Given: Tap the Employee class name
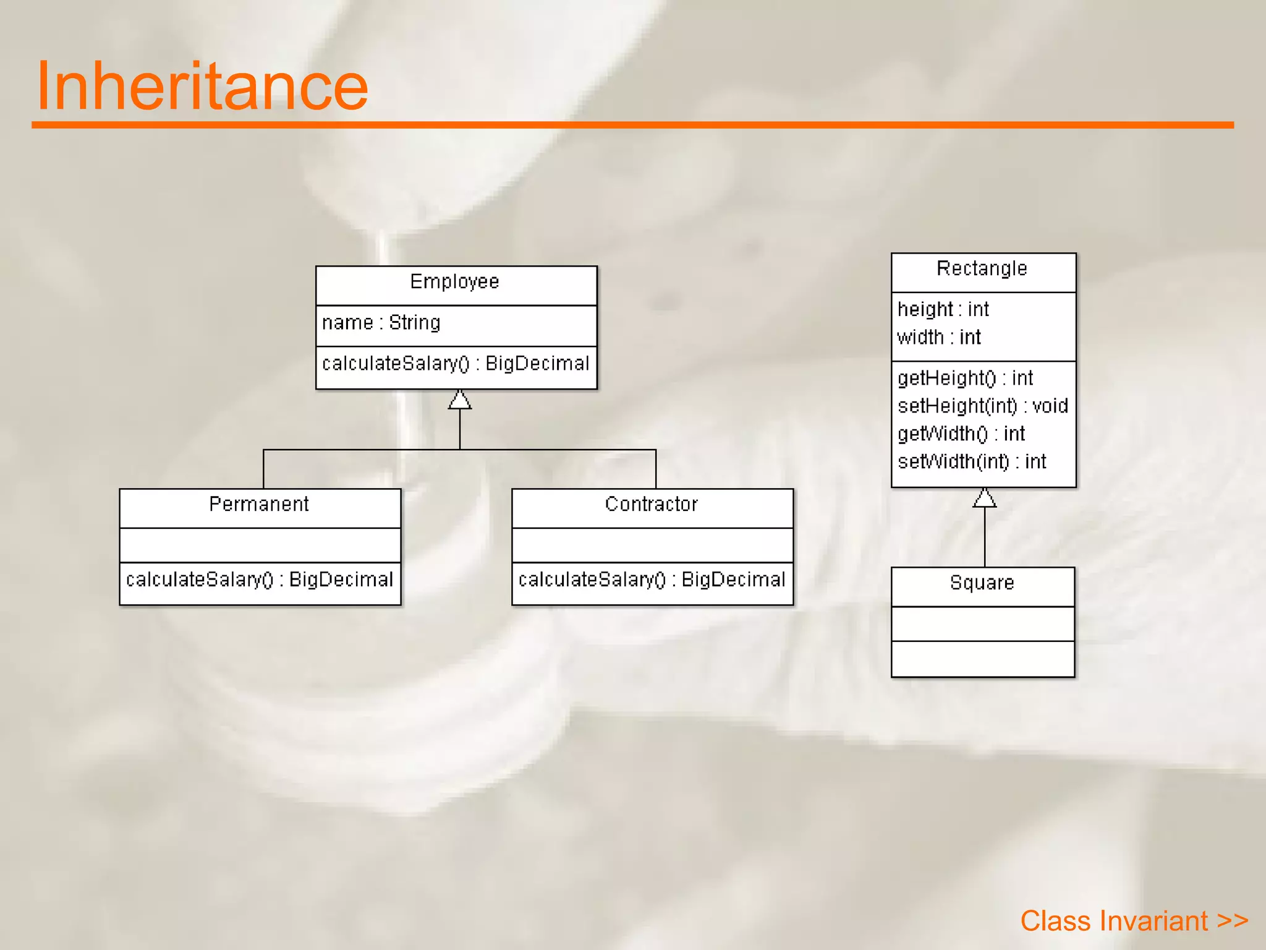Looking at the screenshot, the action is pyautogui.click(x=454, y=282).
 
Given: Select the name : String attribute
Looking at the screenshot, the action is pyautogui.click(x=381, y=323).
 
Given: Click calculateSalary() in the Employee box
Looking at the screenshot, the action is pyautogui.click(x=456, y=364).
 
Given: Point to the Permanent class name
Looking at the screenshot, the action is pyautogui.click(x=258, y=505).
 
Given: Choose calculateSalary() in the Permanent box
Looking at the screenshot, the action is pyautogui.click(x=259, y=580).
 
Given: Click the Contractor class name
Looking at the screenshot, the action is pyautogui.click(x=651, y=505).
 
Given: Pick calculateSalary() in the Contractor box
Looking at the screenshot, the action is pyautogui.click(x=652, y=580).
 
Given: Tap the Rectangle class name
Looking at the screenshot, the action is pyautogui.click(x=982, y=269).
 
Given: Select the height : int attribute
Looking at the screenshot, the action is pyautogui.click(x=943, y=309).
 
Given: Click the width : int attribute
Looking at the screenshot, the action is pyautogui.click(x=938, y=338).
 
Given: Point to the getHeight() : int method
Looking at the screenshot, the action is pyautogui.click(x=965, y=378).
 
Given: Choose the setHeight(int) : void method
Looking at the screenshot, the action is pyautogui.click(x=982, y=406).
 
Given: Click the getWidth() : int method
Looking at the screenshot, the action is pyautogui.click(x=961, y=434).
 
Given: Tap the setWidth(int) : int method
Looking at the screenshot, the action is pyautogui.click(x=972, y=461).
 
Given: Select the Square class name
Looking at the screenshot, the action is pyautogui.click(x=982, y=583).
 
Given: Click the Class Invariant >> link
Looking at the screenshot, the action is pyautogui.click(x=1134, y=921).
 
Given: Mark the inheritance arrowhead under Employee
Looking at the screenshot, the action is pyautogui.click(x=459, y=400).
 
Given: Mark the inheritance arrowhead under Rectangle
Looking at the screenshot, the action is pyautogui.click(x=984, y=498).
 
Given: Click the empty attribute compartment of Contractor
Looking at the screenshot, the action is pyautogui.click(x=652, y=545).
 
